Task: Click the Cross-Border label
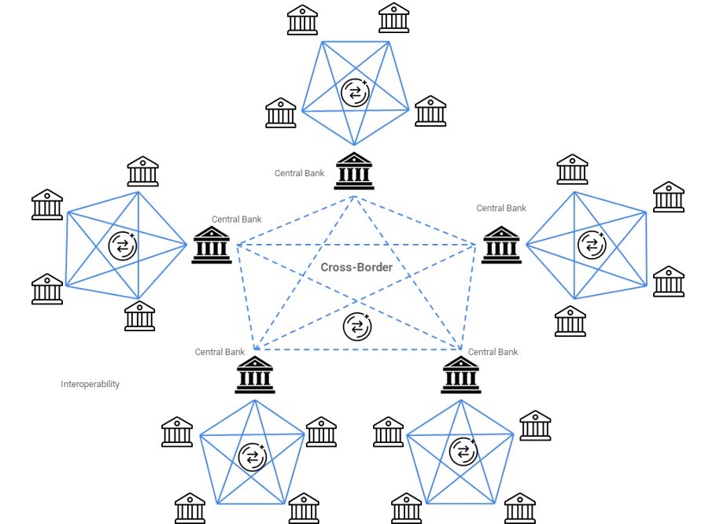click(x=356, y=267)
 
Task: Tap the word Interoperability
click(x=90, y=384)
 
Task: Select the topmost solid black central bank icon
click(x=354, y=171)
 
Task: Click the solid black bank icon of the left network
click(x=212, y=245)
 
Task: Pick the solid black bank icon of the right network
click(x=501, y=245)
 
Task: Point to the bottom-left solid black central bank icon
click(x=255, y=375)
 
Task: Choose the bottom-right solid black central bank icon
click(x=461, y=375)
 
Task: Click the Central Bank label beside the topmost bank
click(x=299, y=173)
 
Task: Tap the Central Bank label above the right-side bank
click(x=501, y=208)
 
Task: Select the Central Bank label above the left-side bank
click(x=237, y=219)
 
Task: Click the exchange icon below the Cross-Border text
click(x=357, y=327)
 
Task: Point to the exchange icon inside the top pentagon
click(x=355, y=93)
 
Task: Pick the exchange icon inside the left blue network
click(x=123, y=246)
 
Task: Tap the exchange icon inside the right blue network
click(x=592, y=244)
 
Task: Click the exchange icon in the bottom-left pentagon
click(x=253, y=457)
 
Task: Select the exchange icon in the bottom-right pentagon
click(x=463, y=452)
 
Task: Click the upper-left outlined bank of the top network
click(x=302, y=20)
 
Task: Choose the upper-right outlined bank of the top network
click(x=393, y=18)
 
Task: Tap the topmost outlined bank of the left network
click(x=142, y=172)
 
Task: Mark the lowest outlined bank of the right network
click(x=570, y=321)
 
